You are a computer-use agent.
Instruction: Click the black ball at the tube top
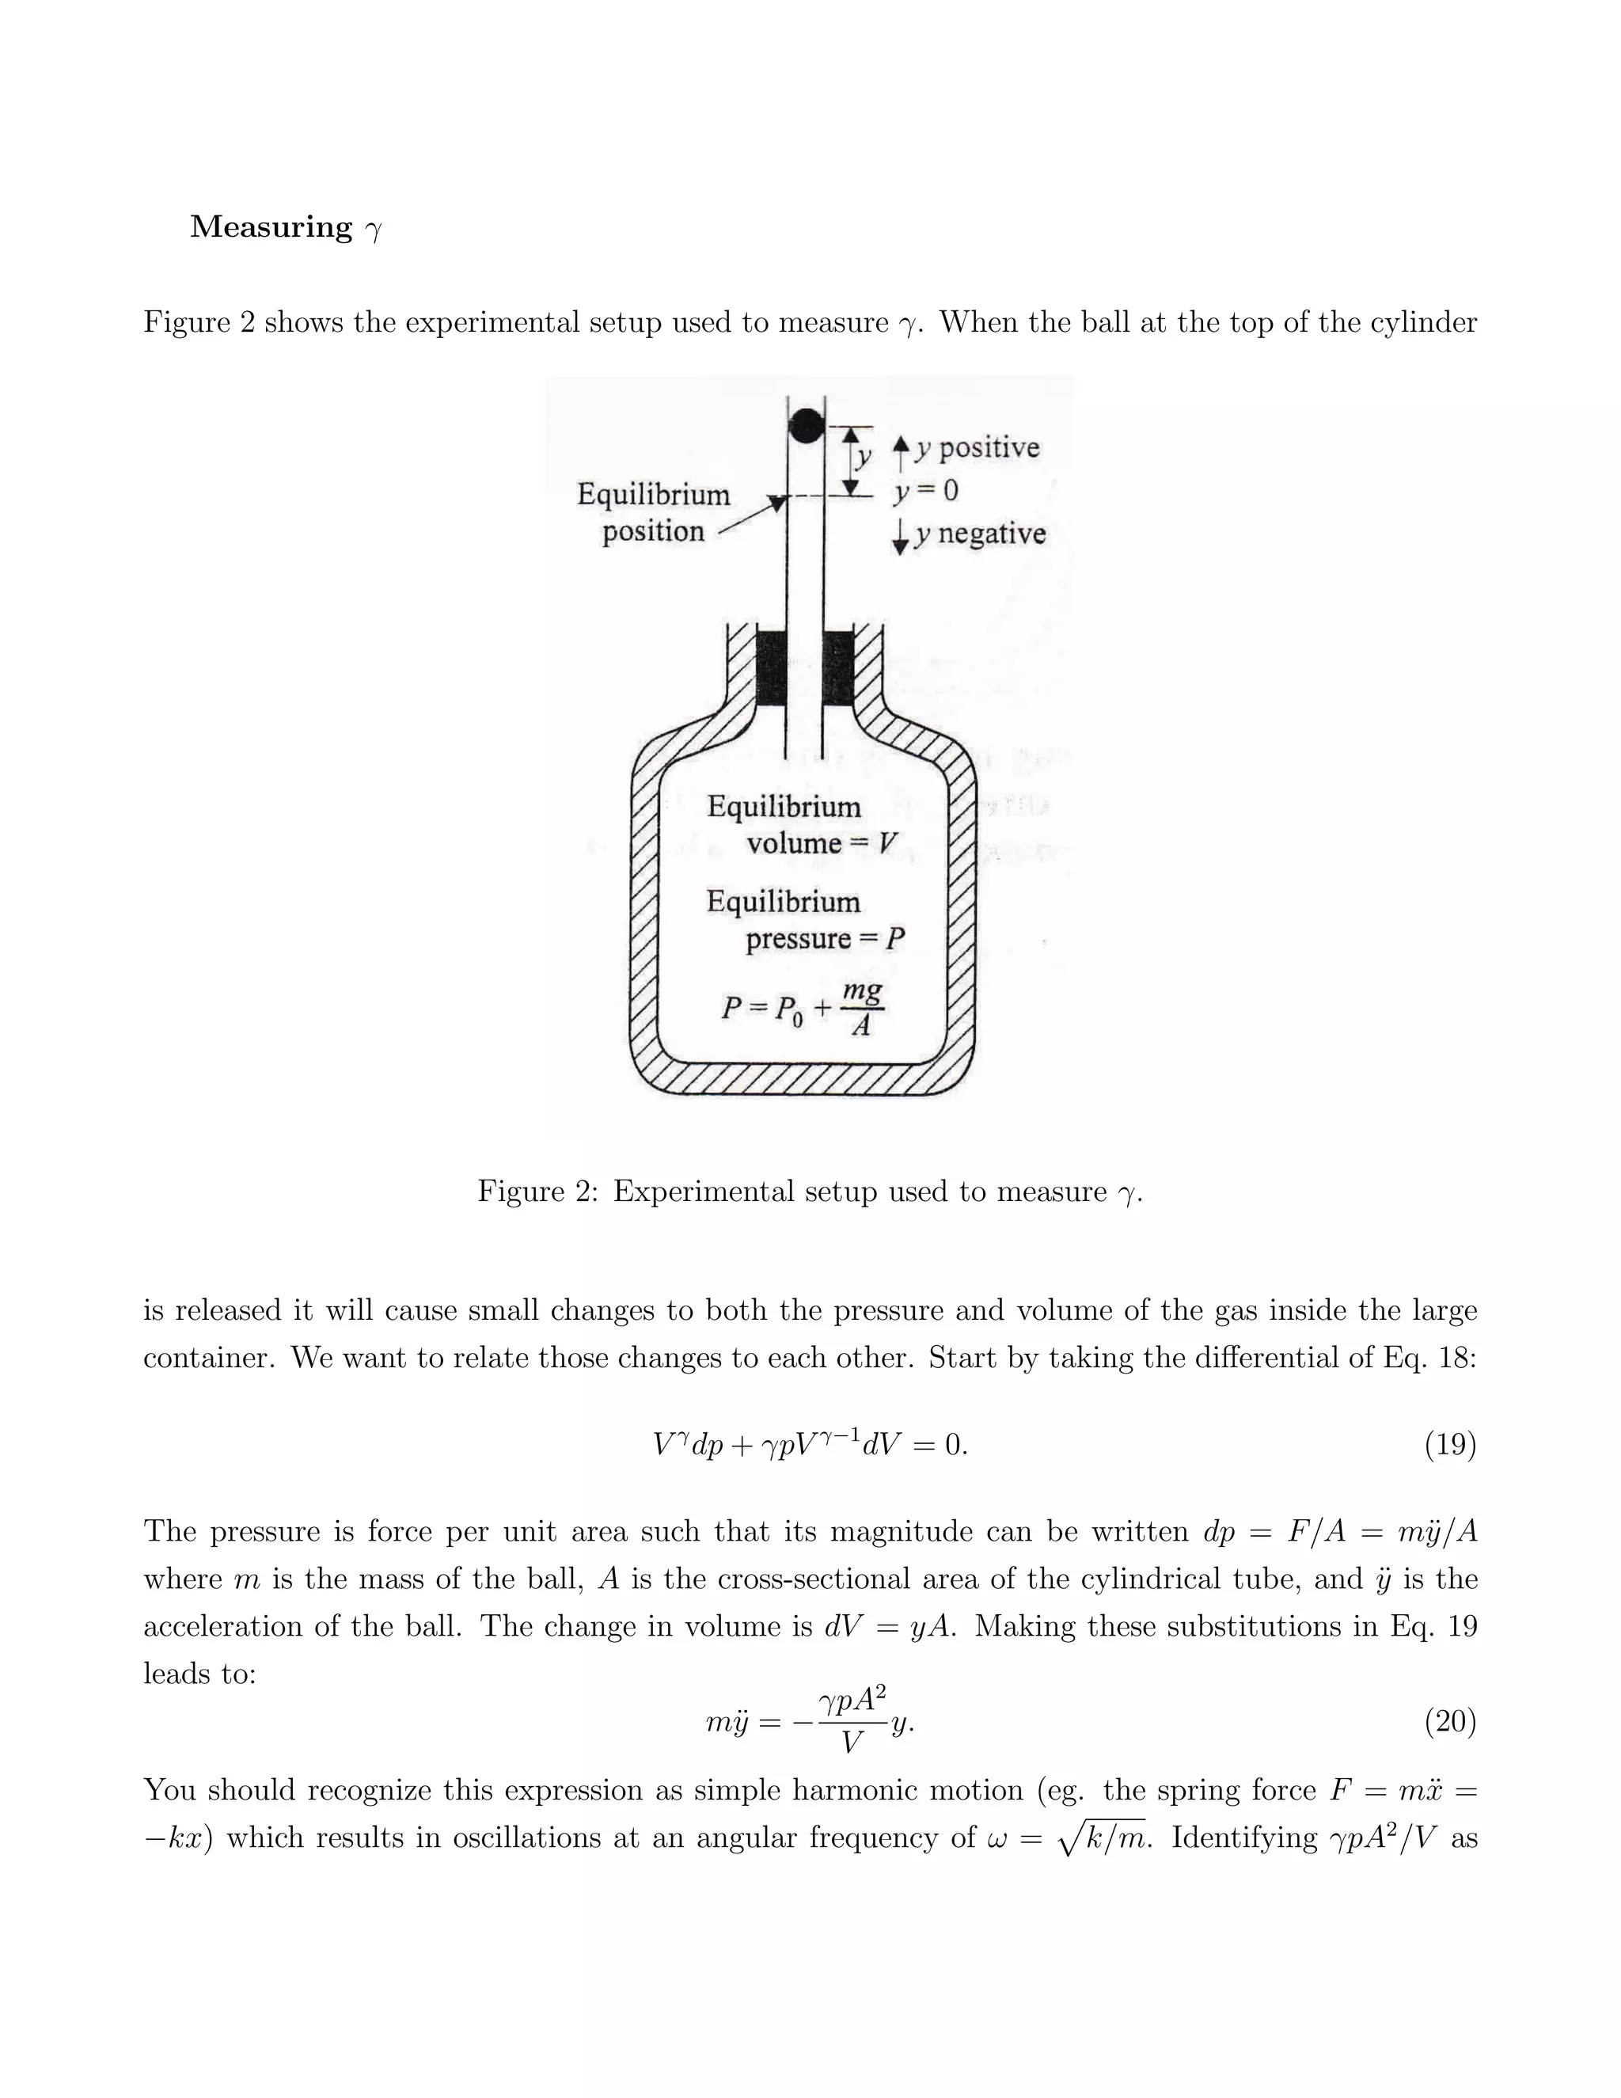pyautogui.click(x=806, y=424)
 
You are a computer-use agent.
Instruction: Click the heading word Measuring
pyautogui.click(x=271, y=228)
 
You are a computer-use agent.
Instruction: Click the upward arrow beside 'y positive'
pyautogui.click(x=900, y=450)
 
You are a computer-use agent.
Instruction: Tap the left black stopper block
pyautogui.click(x=771, y=669)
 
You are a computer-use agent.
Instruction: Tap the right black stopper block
pyautogui.click(x=838, y=669)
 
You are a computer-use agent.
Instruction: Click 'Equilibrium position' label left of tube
pyautogui.click(x=653, y=513)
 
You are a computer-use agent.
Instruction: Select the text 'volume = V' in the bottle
pyautogui.click(x=822, y=843)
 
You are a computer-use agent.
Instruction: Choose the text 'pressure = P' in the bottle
pyautogui.click(x=825, y=938)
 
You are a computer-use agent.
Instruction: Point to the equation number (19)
pyautogui.click(x=1449, y=1444)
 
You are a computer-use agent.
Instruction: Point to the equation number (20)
pyautogui.click(x=1449, y=1721)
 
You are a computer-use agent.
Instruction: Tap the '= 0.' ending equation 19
pyautogui.click(x=941, y=1445)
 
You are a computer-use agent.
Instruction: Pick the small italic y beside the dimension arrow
pyautogui.click(x=863, y=456)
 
